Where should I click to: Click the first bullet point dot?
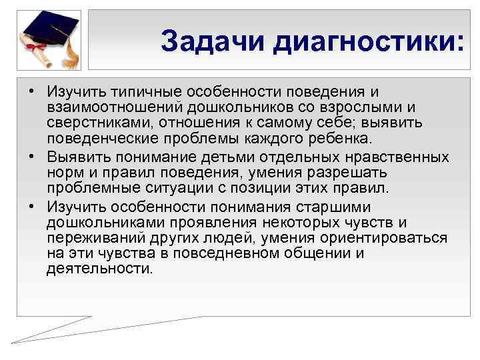31,91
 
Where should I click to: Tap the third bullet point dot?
31,206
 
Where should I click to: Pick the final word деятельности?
100,270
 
